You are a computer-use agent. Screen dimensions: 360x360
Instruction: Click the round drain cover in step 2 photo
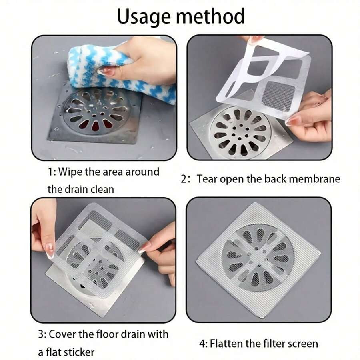(240, 132)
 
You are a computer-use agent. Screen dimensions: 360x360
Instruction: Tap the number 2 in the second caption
(184, 179)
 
